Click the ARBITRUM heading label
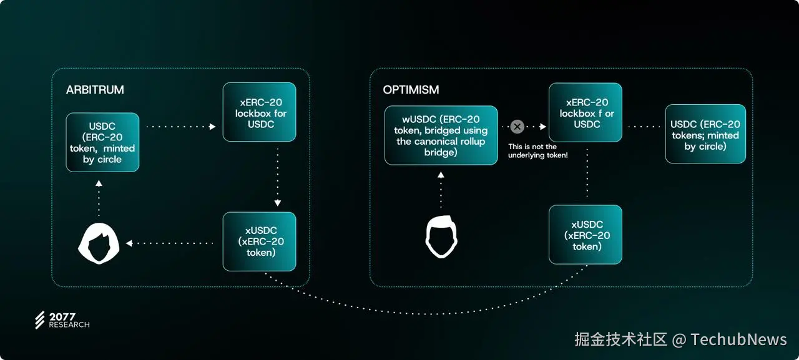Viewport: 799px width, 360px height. coord(95,90)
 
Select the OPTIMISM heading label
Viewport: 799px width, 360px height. coord(411,90)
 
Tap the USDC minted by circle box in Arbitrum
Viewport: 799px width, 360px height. coord(102,142)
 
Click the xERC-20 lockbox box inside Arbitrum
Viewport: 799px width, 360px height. coord(259,112)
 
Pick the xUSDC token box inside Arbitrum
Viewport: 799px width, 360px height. coord(259,241)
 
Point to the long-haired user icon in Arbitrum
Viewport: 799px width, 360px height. coord(99,242)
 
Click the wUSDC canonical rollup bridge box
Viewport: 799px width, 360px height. coord(441,135)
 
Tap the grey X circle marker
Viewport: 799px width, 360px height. coord(517,127)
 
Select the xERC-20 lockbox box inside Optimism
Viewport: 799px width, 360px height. coord(586,112)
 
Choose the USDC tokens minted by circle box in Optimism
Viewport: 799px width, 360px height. coord(705,134)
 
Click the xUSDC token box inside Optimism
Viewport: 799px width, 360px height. coord(586,235)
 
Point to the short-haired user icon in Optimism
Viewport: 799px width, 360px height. coord(441,237)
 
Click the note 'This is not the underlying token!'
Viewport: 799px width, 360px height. coord(537,150)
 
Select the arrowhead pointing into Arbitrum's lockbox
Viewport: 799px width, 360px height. coord(212,127)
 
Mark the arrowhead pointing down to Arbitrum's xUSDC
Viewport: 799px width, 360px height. coord(278,203)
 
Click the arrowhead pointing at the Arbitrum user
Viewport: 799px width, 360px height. coord(129,243)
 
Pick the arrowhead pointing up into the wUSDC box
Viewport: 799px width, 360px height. coord(441,175)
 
